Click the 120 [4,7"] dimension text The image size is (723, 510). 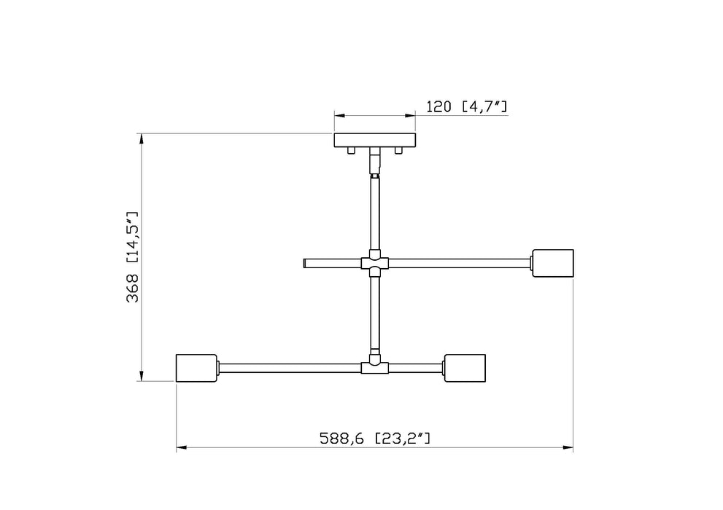pos(466,107)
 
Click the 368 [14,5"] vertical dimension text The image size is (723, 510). pos(132,258)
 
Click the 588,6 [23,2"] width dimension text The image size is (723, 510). pos(375,439)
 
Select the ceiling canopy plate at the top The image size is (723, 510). pos(374,140)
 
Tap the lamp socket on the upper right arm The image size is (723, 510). pos(554,263)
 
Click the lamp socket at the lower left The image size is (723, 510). pos(197,368)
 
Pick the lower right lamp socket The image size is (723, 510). pos(465,368)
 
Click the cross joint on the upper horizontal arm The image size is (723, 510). pos(374,263)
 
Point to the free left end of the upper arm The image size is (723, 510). pos(304,263)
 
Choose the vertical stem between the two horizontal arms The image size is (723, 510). pos(374,313)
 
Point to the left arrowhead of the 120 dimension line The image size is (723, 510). pos(340,114)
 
